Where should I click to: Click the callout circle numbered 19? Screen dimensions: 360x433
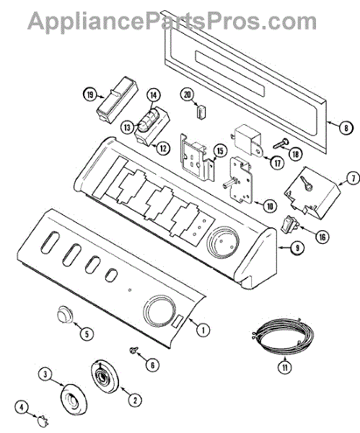[90, 95]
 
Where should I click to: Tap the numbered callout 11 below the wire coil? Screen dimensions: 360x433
[285, 367]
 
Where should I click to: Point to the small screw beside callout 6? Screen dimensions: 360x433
[133, 350]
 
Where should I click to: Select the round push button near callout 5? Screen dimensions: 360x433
[65, 314]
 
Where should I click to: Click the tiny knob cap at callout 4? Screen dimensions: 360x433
[43, 421]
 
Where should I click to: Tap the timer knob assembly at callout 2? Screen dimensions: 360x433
[105, 376]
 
